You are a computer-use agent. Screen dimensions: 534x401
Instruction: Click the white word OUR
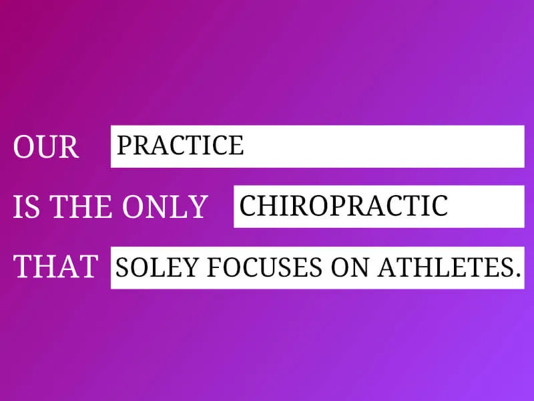click(46, 146)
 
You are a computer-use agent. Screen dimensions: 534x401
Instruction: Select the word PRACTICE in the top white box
click(180, 145)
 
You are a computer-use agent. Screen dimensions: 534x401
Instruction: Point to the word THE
click(81, 207)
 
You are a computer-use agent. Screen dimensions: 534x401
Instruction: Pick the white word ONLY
click(165, 207)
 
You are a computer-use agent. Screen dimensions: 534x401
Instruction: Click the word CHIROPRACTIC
click(344, 206)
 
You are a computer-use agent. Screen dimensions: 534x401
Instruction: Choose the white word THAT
click(56, 266)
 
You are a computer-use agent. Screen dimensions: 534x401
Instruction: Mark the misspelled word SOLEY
click(157, 267)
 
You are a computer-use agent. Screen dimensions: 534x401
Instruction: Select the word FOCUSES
click(264, 267)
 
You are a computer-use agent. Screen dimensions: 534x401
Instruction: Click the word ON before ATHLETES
click(350, 267)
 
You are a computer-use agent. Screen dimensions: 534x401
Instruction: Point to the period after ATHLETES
click(518, 274)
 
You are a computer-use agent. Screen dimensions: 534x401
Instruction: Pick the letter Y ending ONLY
click(198, 207)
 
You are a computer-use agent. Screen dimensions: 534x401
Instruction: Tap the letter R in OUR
click(69, 146)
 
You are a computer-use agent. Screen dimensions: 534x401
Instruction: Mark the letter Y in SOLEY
click(190, 267)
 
